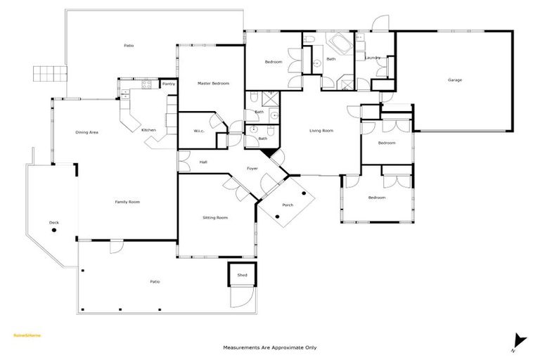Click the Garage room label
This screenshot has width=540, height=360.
tap(455, 80)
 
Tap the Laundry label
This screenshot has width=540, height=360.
tap(373, 58)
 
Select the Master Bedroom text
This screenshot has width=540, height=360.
tap(213, 84)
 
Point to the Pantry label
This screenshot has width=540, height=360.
tap(168, 84)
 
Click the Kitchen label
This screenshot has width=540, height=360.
tap(148, 130)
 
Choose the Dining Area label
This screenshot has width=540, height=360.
tap(86, 132)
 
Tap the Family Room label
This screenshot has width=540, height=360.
tap(127, 202)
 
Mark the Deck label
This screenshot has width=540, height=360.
tap(54, 223)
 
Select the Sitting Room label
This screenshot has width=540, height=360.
tap(214, 218)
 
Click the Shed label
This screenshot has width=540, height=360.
tap(242, 275)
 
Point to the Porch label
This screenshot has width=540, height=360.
tap(288, 205)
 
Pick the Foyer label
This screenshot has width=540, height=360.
tap(252, 169)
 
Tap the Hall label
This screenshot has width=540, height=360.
tap(203, 162)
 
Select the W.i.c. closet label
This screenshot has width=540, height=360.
tap(199, 131)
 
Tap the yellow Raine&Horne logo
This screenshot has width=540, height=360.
tap(27, 335)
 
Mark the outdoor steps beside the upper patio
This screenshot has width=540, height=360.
tap(50, 74)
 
